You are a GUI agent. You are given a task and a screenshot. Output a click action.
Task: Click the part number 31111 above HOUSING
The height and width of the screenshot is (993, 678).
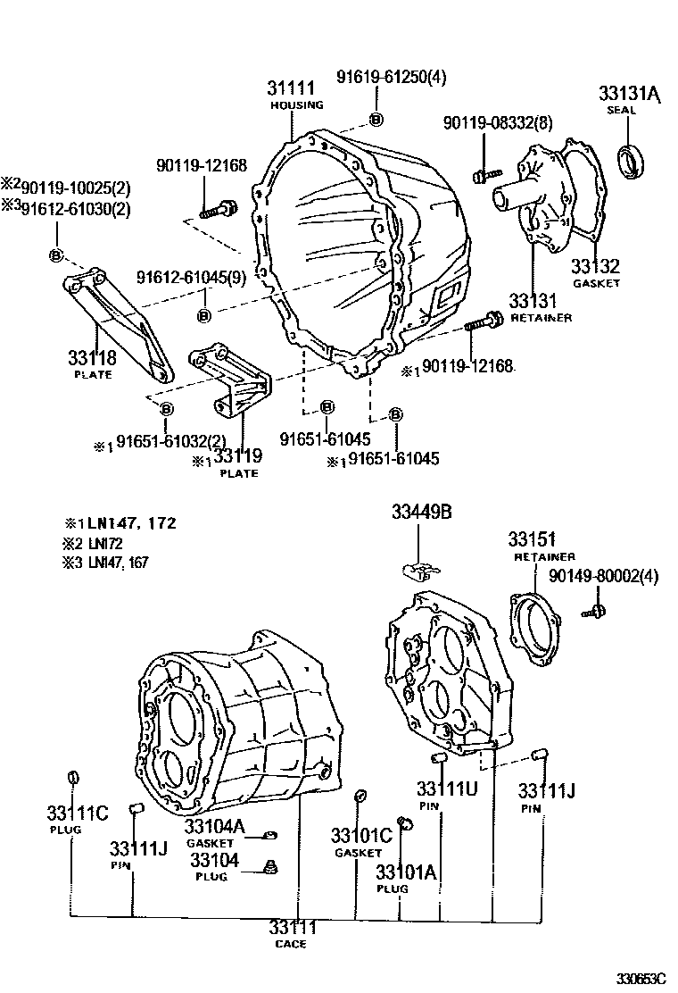click(x=291, y=88)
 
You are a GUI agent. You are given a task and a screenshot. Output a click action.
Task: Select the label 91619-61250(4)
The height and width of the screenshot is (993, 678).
click(x=391, y=78)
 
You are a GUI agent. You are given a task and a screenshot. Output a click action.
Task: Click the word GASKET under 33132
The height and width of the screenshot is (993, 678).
click(x=596, y=283)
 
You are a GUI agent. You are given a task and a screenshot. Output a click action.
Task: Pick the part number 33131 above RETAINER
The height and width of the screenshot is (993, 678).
click(x=533, y=301)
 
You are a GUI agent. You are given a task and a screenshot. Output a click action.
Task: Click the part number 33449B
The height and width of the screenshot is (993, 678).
click(x=421, y=512)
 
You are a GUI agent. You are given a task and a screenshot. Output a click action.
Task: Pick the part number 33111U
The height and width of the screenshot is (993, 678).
click(x=447, y=789)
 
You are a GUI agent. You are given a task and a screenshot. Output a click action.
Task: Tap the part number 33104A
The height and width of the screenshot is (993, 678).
click(x=215, y=827)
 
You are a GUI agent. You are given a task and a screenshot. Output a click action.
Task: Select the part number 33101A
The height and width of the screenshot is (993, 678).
click(x=406, y=872)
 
